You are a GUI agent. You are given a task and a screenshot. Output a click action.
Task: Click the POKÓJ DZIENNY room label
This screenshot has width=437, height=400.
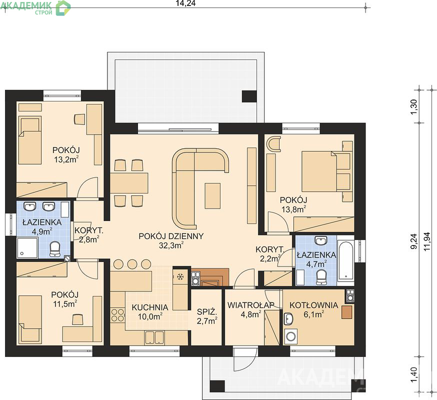(x=171, y=236)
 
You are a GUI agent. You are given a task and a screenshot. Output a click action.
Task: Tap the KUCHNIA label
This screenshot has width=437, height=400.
(x=150, y=307)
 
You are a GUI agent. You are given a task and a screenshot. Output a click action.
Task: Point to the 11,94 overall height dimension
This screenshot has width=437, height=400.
(x=427, y=242)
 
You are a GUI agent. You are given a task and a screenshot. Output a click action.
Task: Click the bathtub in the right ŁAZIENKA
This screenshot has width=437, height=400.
(x=345, y=260)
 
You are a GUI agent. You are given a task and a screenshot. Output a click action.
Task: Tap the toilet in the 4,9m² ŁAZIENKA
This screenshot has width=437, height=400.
(x=54, y=249)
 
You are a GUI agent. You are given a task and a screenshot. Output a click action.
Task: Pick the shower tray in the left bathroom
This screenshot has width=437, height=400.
(x=27, y=248)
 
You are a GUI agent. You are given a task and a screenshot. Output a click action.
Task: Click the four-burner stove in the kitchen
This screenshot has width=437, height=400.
(x=117, y=315)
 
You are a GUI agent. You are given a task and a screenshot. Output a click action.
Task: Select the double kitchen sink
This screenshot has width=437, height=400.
(x=154, y=337)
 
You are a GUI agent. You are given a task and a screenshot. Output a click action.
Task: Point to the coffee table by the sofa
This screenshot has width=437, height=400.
(x=212, y=195)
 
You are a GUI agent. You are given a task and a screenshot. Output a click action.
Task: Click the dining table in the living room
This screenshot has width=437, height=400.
(x=129, y=182)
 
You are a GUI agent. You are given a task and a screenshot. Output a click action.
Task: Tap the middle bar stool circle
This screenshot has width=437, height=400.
(x=132, y=263)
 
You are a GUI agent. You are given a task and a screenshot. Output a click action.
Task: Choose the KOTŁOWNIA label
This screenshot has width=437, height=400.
(x=313, y=305)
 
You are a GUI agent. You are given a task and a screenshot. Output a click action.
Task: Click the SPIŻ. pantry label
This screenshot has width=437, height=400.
(x=207, y=311)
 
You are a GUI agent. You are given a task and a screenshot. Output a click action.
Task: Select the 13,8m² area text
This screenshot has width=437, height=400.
(x=293, y=209)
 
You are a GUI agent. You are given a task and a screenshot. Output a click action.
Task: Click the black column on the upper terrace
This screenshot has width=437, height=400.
(x=249, y=96)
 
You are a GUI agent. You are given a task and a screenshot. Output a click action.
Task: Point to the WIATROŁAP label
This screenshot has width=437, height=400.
(x=251, y=305)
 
